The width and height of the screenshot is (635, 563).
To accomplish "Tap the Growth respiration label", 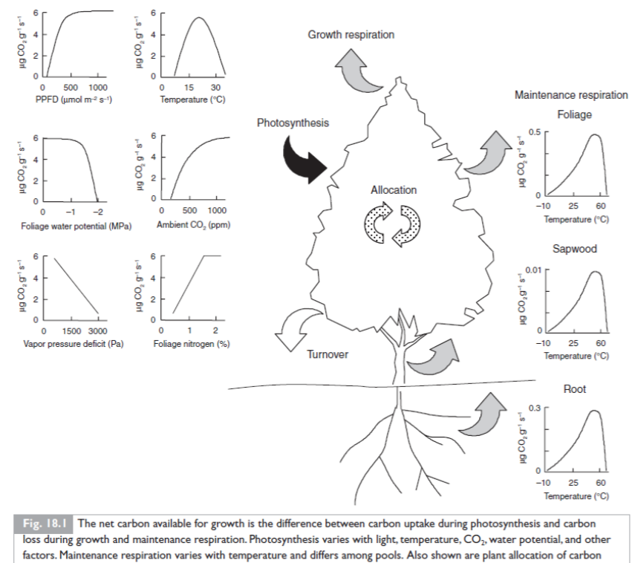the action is tap(351, 35).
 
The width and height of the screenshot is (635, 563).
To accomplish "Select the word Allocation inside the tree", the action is tap(394, 190).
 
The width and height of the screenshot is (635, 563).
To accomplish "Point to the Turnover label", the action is tap(328, 354).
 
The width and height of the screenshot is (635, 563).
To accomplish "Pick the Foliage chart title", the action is tap(574, 115).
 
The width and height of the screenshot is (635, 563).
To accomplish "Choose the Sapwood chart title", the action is tap(574, 249).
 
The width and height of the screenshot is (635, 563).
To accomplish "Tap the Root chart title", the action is tap(574, 388).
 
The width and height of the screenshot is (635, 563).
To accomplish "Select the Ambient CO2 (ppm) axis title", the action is tap(191, 225).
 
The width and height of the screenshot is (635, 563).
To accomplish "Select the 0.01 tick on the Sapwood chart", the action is tap(535, 268).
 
